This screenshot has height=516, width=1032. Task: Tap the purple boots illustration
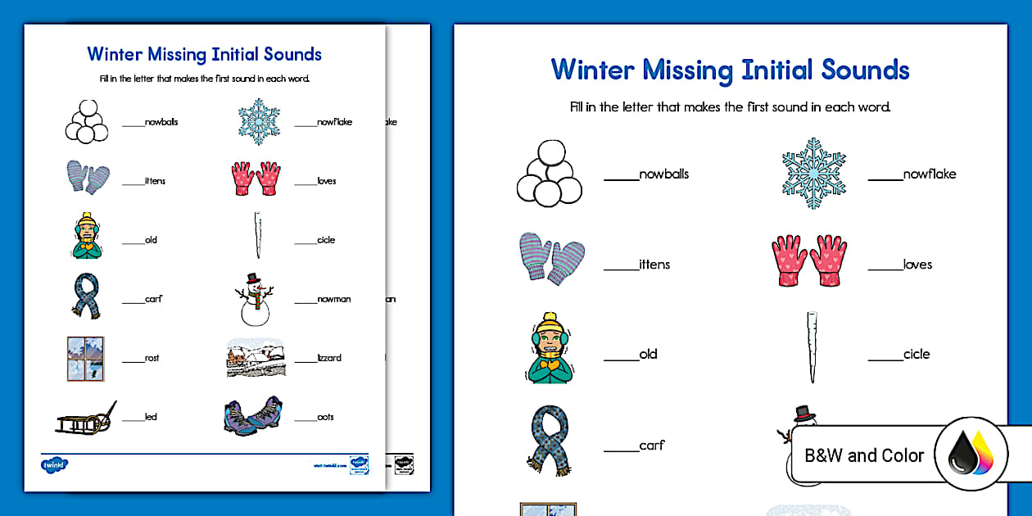253,415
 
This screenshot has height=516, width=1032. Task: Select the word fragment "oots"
326,417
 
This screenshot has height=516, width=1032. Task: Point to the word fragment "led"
151,417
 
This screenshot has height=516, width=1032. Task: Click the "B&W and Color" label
864,455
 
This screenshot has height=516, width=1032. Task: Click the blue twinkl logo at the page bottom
55,464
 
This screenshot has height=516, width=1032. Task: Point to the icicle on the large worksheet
811,347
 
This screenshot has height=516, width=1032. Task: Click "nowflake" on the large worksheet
930,174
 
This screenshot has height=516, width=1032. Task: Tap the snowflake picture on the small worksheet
259,121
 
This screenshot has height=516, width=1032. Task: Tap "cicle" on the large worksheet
917,354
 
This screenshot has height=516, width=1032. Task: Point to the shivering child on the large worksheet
550,348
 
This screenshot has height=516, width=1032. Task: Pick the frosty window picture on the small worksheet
85,358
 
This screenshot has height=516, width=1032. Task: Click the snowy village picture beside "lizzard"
256,358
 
